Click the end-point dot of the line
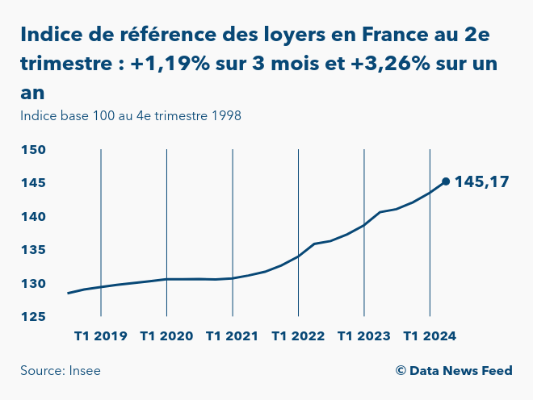446,181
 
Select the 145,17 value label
482,182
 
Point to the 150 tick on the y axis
33,150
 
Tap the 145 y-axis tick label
33,183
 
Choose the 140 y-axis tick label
33,217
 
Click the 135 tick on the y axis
33,250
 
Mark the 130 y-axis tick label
33,284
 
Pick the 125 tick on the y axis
33,317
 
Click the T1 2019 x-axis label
101,336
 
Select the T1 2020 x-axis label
166,336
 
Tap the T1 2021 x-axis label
233,336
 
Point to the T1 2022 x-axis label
298,336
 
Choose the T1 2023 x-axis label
364,336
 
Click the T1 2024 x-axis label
430,336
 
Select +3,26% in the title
392,64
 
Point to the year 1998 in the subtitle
227,115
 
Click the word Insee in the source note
84,371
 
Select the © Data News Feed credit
454,371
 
